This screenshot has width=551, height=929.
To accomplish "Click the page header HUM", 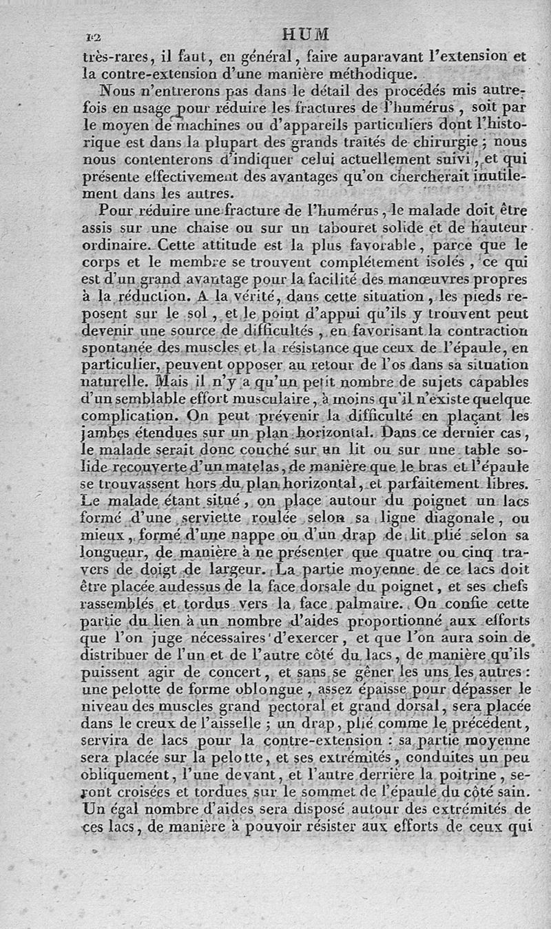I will [x=306, y=34].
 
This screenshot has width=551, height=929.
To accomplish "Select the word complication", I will [x=125, y=417].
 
